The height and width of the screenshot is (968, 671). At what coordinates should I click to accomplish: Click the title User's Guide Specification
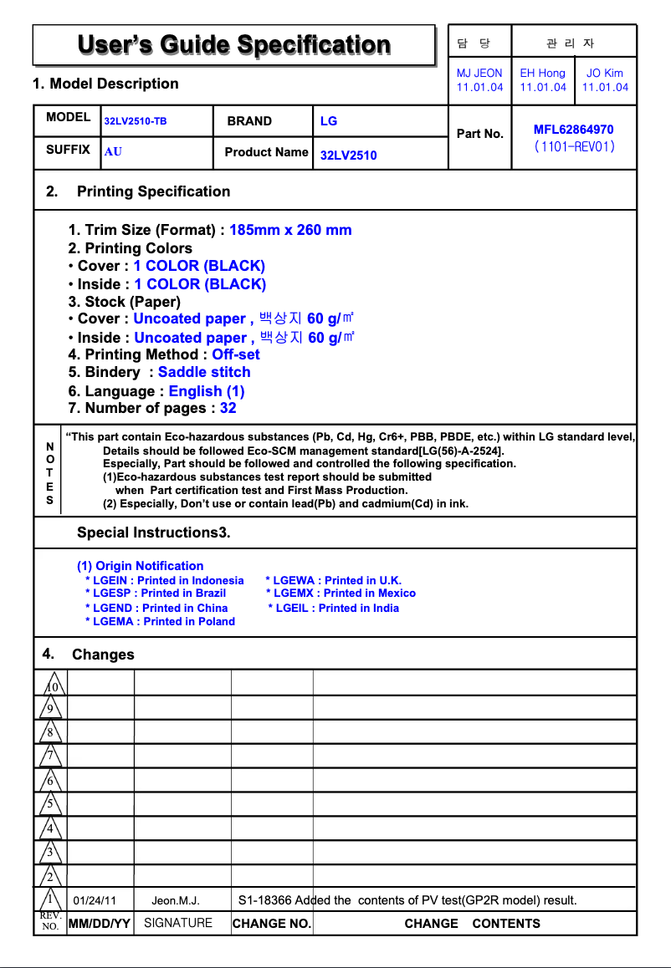[x=233, y=45]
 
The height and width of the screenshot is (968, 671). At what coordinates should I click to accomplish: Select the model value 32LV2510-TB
[x=136, y=122]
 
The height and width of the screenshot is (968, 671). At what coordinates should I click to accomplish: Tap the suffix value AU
[x=113, y=152]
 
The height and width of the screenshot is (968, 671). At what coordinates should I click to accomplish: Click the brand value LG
[x=329, y=121]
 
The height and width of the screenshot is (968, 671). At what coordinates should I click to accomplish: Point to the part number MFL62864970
[x=573, y=130]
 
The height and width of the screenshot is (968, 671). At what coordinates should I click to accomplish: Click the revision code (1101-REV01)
[x=574, y=146]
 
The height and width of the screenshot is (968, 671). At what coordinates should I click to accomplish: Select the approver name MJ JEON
[x=479, y=74]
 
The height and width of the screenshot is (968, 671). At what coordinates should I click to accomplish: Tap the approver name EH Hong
[x=542, y=74]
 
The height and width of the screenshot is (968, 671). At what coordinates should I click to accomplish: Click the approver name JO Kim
[x=605, y=74]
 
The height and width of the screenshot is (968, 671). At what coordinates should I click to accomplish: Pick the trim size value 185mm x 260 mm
[x=290, y=230]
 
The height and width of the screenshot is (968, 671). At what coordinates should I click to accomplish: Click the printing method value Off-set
[x=236, y=354]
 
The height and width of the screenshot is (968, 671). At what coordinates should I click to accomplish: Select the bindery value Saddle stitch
[x=204, y=372]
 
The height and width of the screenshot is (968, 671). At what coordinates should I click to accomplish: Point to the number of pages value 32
[x=228, y=408]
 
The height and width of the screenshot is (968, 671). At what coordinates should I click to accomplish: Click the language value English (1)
[x=207, y=391]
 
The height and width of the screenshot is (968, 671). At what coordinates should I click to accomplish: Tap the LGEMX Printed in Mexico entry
[x=341, y=594]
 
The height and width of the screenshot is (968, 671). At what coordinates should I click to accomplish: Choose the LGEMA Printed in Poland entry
[x=160, y=621]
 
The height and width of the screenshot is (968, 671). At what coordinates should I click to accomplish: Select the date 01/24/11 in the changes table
[x=95, y=900]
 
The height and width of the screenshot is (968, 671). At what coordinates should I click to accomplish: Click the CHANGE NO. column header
[x=272, y=924]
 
